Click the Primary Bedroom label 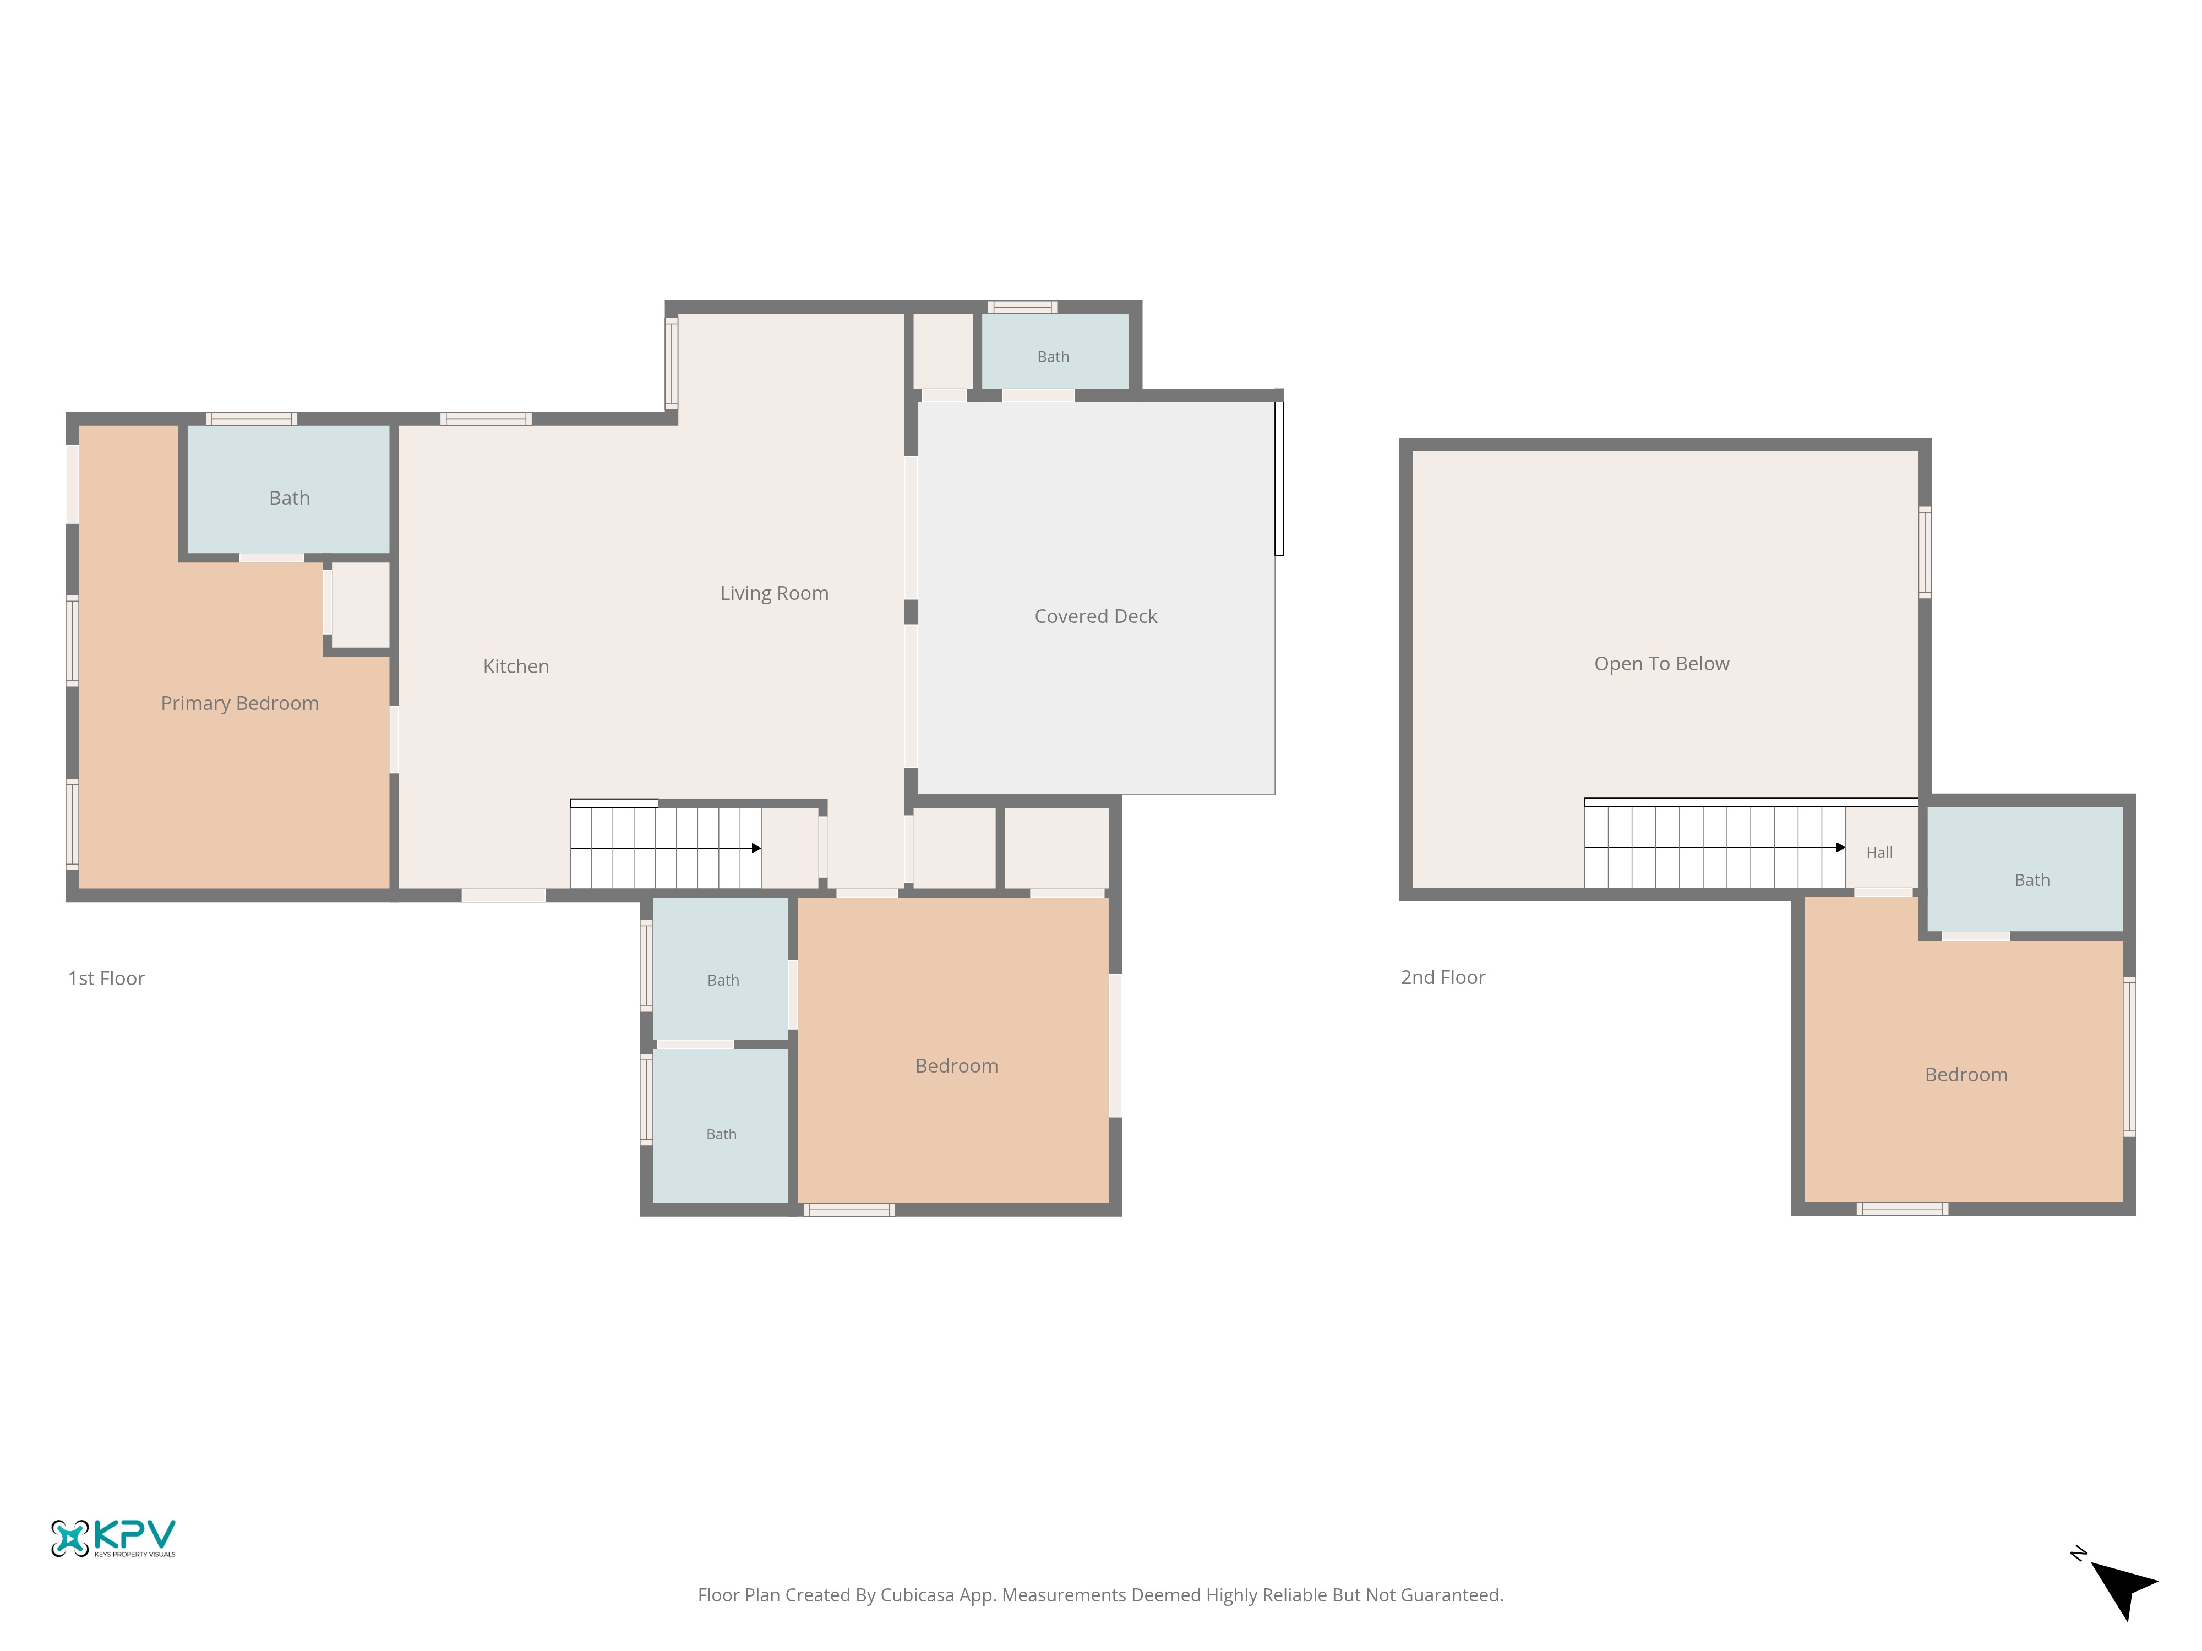coord(240,703)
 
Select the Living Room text coord(775,593)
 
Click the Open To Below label coord(1661,664)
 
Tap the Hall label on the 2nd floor coord(1879,853)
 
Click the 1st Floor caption coord(106,978)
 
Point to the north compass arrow coord(2122,1587)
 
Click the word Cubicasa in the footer coord(917,1595)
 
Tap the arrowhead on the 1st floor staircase coord(756,848)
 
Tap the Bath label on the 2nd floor coord(2032,881)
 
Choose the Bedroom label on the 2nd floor coord(1966,1075)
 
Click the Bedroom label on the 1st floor coord(957,1066)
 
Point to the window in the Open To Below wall coord(1925,553)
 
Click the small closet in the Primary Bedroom coord(359,605)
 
